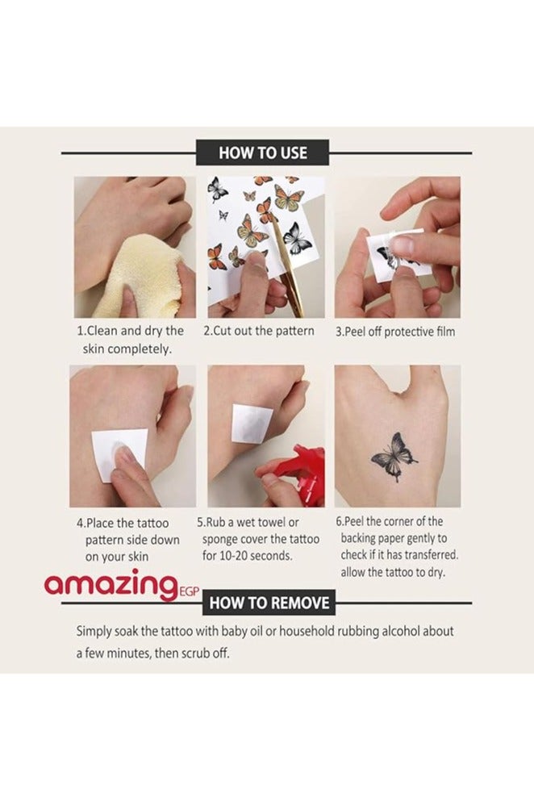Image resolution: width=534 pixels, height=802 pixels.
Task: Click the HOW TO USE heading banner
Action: click(262, 152)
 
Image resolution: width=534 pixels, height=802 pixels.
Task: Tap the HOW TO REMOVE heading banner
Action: click(269, 603)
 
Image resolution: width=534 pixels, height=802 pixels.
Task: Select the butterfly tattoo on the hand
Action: click(394, 457)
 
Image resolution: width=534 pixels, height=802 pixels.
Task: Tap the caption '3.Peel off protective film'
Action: click(395, 332)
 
